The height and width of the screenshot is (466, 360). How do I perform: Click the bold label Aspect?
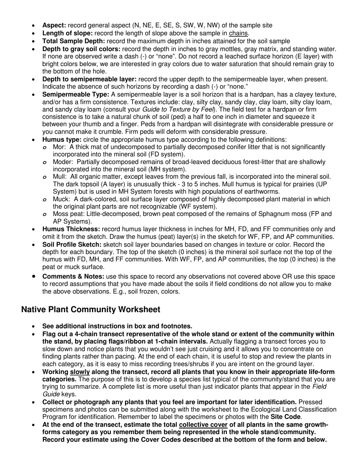[54, 25]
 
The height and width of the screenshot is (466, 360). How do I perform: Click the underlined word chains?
[239, 33]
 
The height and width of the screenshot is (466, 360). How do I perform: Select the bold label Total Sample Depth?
[74, 41]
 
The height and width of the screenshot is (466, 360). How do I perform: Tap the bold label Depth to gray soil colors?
[81, 49]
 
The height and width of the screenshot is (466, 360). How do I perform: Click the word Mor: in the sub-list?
[59, 147]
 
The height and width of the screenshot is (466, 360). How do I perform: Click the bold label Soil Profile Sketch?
[72, 244]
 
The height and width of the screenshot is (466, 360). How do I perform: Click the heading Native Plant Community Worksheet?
[91, 310]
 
